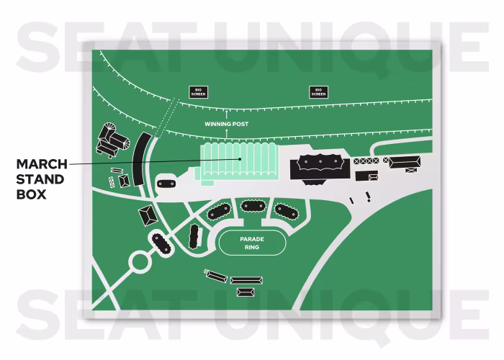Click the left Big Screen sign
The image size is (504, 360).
(x=197, y=91)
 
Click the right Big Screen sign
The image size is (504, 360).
(x=318, y=91)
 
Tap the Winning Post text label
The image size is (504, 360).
(x=226, y=124)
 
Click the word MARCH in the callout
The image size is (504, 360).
(x=42, y=164)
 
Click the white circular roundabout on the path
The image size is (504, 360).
(x=136, y=261)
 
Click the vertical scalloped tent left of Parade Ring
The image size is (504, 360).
(x=194, y=236)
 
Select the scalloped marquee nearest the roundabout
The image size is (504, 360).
(x=160, y=243)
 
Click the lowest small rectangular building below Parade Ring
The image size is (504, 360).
(x=246, y=292)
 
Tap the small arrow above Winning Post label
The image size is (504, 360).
(x=226, y=114)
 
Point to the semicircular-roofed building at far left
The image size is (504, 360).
(x=112, y=139)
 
